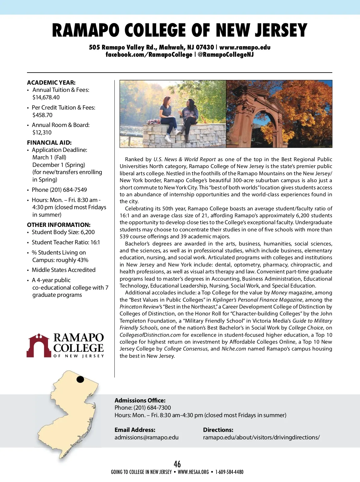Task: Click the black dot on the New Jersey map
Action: [80, 379]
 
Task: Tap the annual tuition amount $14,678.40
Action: [46, 97]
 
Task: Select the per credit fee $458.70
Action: [42, 115]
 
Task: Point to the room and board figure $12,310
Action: [42, 132]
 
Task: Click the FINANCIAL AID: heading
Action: [49, 143]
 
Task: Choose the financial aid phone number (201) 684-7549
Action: [68, 190]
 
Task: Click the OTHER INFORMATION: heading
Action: [58, 225]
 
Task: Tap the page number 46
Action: [177, 464]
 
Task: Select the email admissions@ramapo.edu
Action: [146, 437]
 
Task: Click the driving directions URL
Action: [261, 437]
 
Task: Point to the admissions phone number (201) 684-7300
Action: [152, 408]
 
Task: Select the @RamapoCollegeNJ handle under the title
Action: [226, 55]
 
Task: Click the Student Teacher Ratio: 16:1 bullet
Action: [66, 242]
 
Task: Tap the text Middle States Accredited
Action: [64, 270]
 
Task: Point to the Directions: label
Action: [218, 430]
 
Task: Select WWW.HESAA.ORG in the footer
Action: [193, 472]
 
